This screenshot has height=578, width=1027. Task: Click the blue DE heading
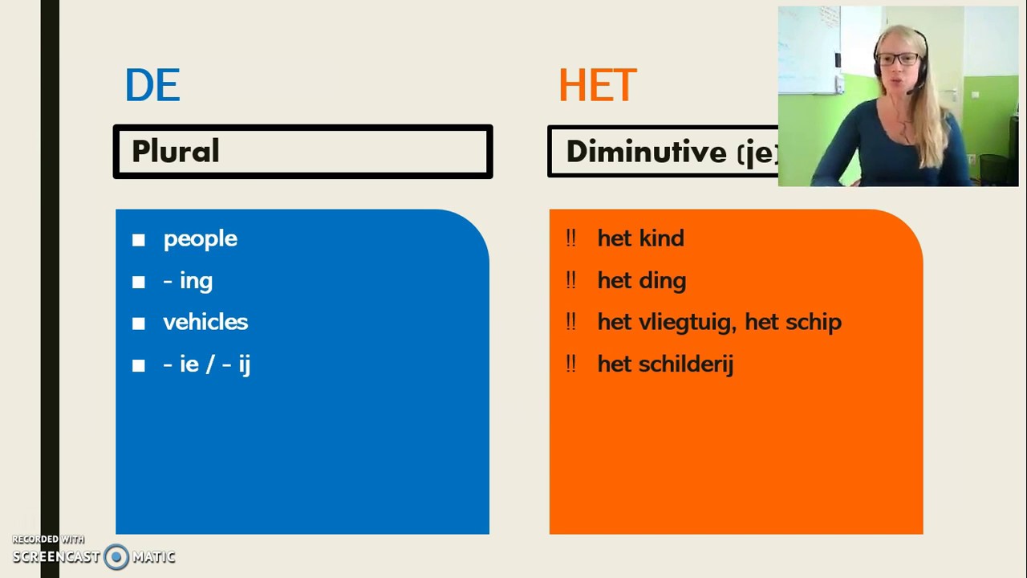(152, 85)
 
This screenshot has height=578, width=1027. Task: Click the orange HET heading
(598, 85)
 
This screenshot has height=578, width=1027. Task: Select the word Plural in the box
(175, 152)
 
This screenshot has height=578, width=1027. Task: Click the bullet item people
(200, 239)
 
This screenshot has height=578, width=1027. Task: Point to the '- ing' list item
(188, 281)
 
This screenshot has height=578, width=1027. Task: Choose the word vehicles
(205, 322)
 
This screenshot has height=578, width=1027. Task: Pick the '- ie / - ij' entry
(206, 364)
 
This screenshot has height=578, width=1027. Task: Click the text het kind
(640, 238)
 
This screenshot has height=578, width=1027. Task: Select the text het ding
(641, 281)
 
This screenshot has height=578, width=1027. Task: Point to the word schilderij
(688, 364)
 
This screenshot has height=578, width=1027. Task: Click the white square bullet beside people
(139, 240)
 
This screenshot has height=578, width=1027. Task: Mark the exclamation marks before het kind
(570, 238)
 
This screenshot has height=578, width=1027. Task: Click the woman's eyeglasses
(898, 59)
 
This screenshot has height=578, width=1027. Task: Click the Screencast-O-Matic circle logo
(116, 556)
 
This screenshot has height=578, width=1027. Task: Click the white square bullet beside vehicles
(139, 324)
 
